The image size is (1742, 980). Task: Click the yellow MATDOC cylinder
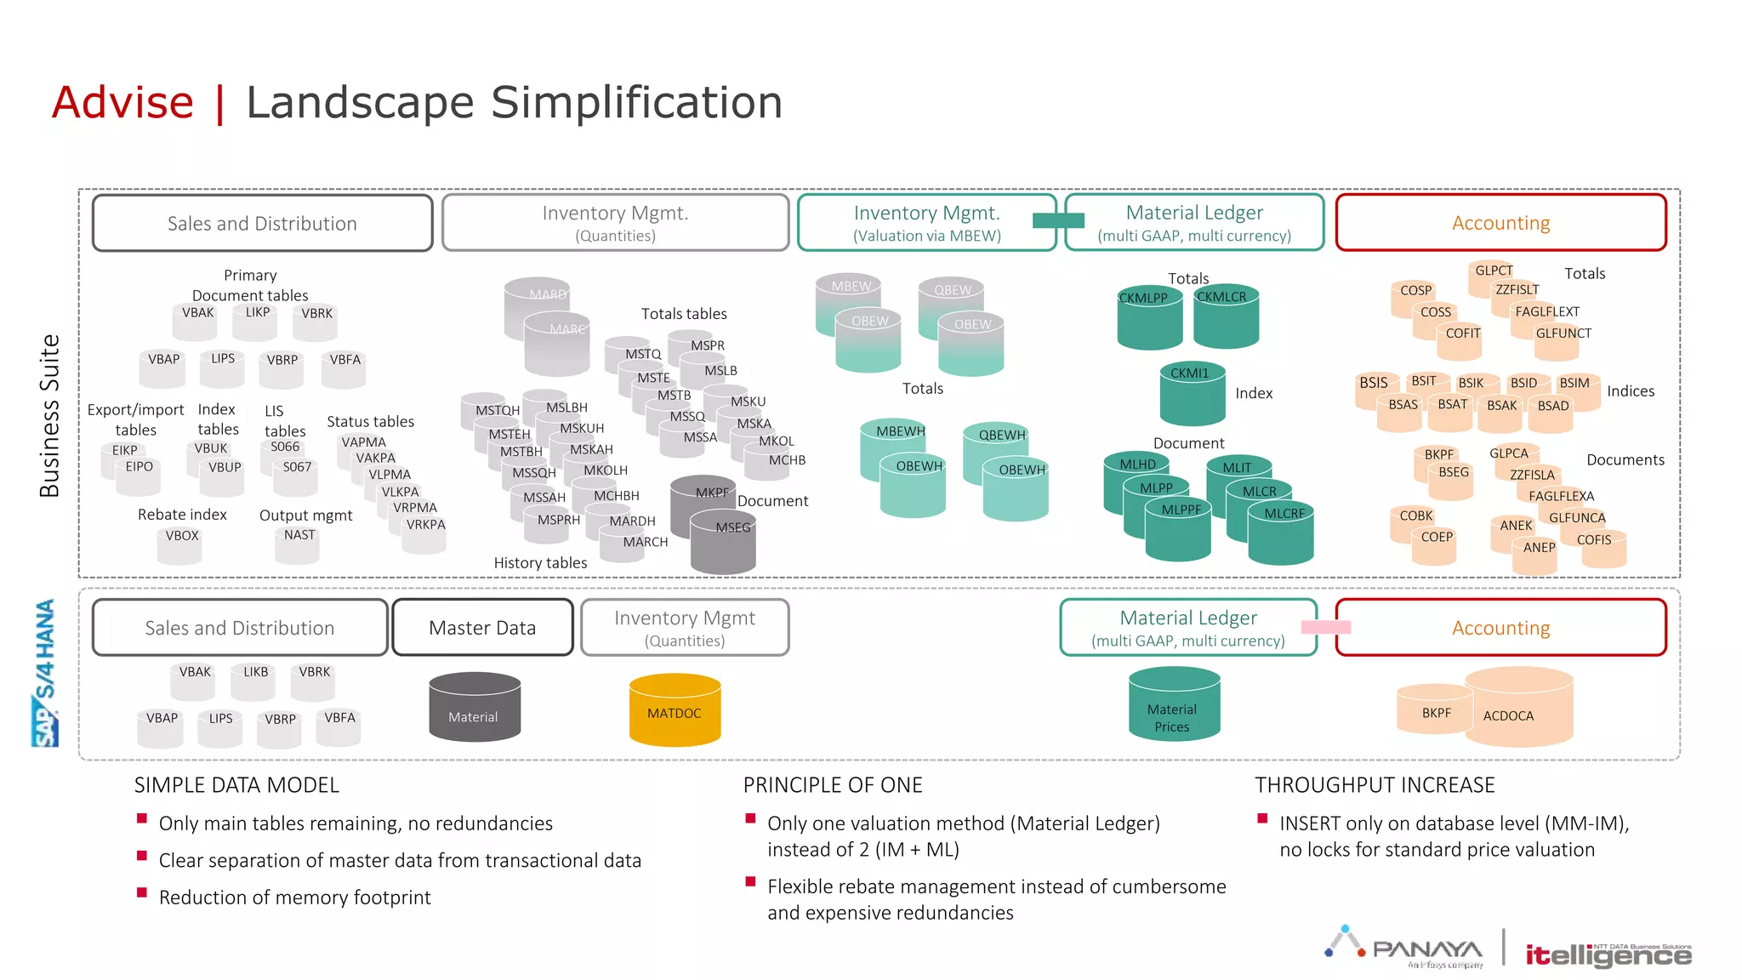pyautogui.click(x=675, y=711)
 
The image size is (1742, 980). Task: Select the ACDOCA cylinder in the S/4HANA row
pyautogui.click(x=1519, y=708)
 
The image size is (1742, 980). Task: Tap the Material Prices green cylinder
pyautogui.click(x=1173, y=706)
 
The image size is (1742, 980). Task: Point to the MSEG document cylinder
pyautogui.click(x=724, y=544)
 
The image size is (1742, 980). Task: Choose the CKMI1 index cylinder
pyautogui.click(x=1192, y=393)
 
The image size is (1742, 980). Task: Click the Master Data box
pyautogui.click(x=482, y=628)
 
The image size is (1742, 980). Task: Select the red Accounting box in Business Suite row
pyautogui.click(x=1500, y=223)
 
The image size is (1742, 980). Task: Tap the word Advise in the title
pyautogui.click(x=122, y=103)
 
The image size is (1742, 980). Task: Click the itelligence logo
pyautogui.click(x=1608, y=954)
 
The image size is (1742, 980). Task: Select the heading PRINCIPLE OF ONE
pyautogui.click(x=833, y=785)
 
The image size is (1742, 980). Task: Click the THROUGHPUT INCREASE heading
pyautogui.click(x=1375, y=785)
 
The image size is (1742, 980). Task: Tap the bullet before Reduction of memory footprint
pyautogui.click(x=142, y=893)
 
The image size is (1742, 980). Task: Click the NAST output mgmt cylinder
pyautogui.click(x=298, y=544)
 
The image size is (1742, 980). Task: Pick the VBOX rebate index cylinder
pyautogui.click(x=180, y=544)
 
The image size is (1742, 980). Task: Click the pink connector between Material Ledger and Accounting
pyautogui.click(x=1325, y=627)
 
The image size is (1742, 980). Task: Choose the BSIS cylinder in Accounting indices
pyautogui.click(x=1375, y=389)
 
